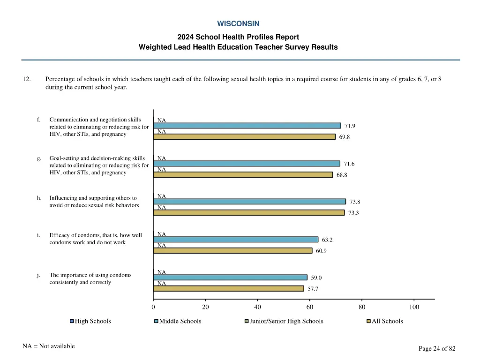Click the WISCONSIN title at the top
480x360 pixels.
coord(238,23)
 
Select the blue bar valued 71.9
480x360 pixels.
coord(247,126)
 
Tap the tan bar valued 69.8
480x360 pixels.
coord(244,137)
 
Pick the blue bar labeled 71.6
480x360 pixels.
coord(247,164)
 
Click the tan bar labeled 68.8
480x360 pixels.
coord(243,175)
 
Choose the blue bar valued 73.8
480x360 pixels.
coord(249,202)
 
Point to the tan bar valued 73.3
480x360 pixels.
coord(249,213)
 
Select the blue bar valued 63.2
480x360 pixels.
coord(236,240)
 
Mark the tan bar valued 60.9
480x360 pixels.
coord(232,251)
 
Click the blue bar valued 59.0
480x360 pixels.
coord(230,277)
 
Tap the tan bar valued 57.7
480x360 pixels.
coord(228,289)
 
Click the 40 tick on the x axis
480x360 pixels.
coord(257,307)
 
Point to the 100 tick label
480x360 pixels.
coord(414,307)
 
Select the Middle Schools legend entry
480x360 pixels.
coord(180,321)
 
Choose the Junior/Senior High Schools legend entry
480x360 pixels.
coord(286,321)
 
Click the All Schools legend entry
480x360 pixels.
coord(387,321)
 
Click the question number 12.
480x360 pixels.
coord(27,79)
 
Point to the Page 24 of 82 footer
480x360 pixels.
coord(437,348)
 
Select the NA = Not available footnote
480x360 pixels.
coord(48,346)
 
